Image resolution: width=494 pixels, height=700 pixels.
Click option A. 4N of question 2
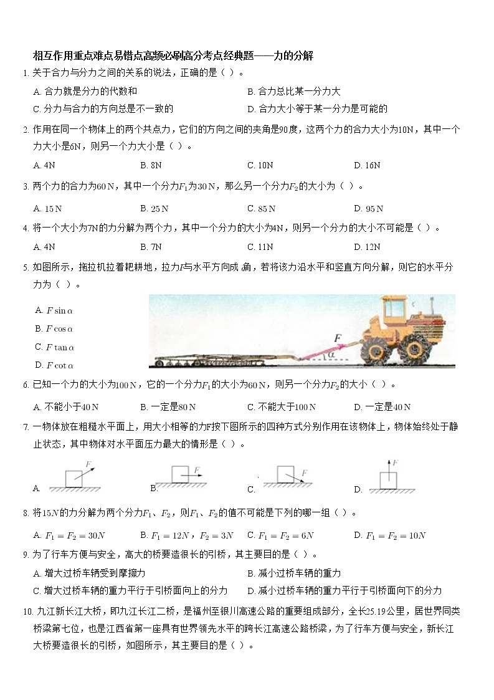point(44,165)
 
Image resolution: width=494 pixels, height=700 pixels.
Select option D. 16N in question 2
point(367,165)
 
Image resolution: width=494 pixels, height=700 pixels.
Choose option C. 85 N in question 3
point(261,209)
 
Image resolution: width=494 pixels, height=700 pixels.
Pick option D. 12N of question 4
point(367,247)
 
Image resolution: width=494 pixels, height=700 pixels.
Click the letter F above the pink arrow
point(338,338)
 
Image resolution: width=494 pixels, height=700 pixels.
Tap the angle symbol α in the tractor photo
point(331,354)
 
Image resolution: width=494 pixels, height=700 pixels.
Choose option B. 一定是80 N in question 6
point(168,407)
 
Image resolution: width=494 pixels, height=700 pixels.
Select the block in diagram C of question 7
point(285,474)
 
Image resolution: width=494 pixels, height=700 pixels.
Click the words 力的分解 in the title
point(293,55)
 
